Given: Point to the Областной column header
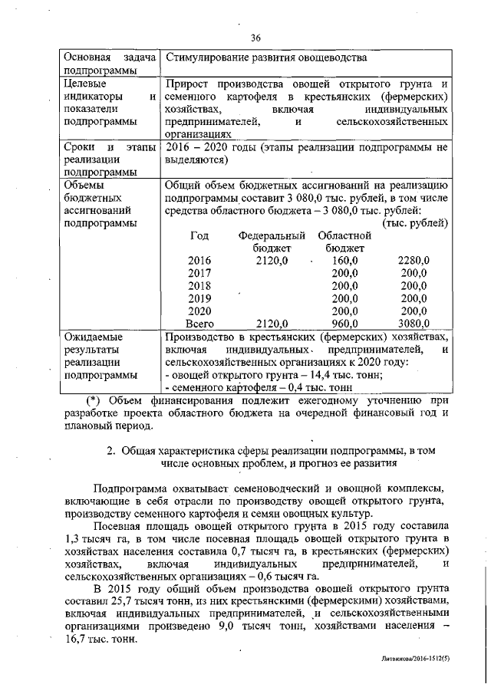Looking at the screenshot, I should coord(344,236).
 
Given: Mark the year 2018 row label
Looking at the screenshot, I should coord(199,286).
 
